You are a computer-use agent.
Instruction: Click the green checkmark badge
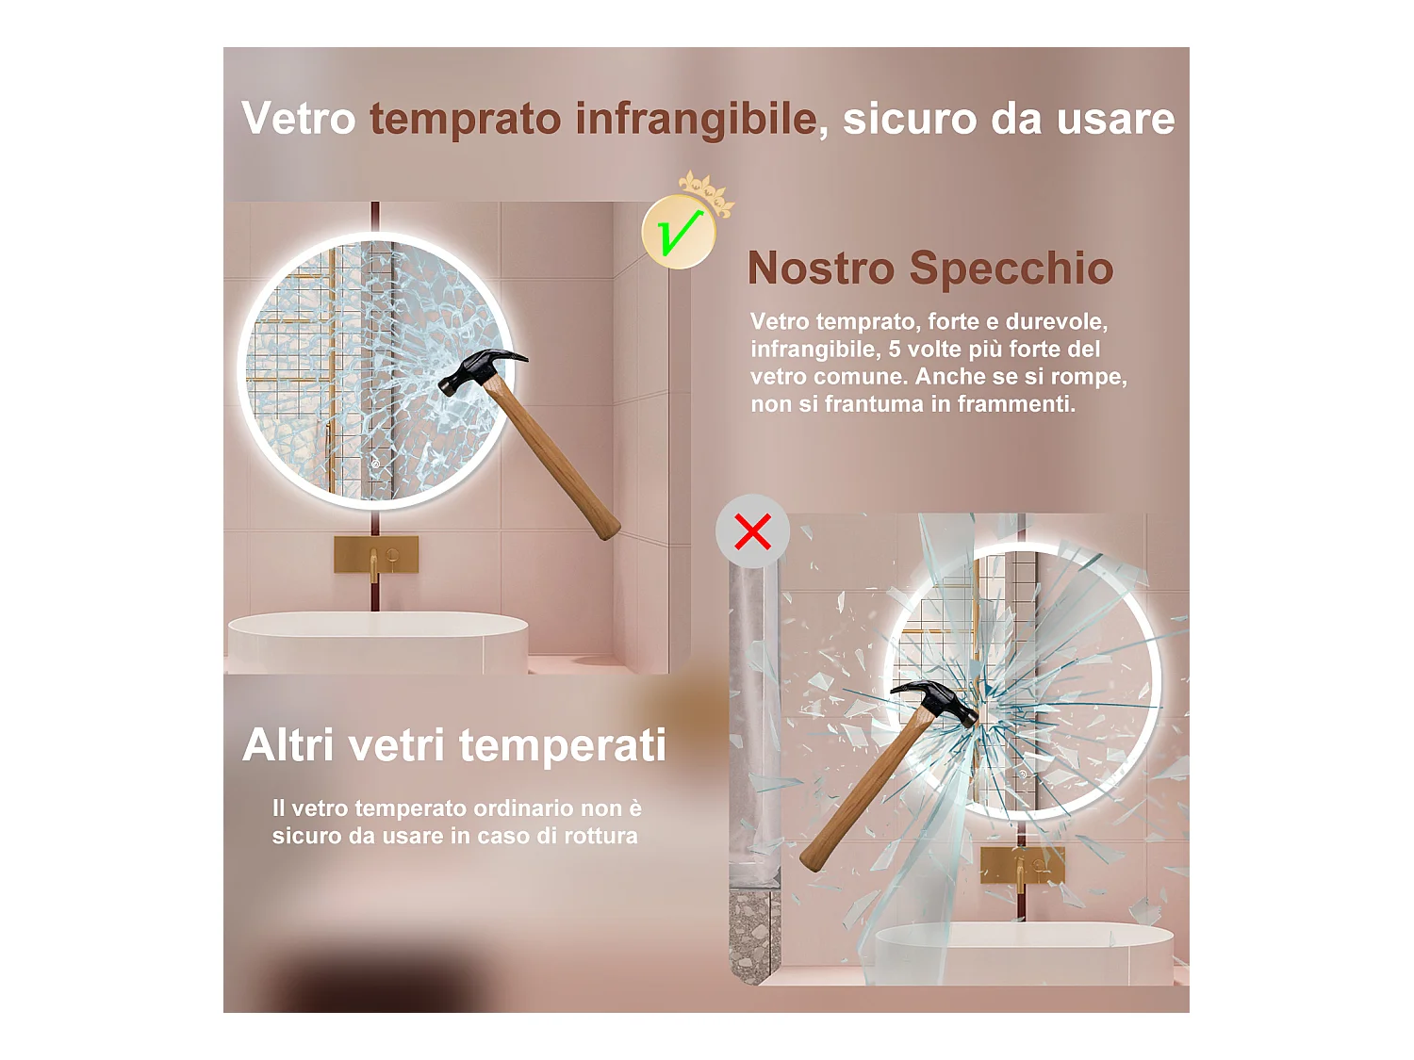click(x=679, y=233)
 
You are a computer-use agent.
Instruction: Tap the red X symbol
click(x=752, y=531)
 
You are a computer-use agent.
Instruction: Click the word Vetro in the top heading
click(x=298, y=119)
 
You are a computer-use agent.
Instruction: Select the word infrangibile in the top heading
click(x=696, y=120)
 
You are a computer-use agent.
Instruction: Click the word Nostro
click(x=820, y=269)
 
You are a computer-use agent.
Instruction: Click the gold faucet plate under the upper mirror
click(x=376, y=555)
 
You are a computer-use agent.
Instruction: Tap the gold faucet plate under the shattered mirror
click(x=1022, y=865)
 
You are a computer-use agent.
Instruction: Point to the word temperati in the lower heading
click(x=562, y=746)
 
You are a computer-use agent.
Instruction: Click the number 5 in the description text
click(x=895, y=350)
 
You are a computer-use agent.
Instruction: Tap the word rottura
click(x=600, y=836)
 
